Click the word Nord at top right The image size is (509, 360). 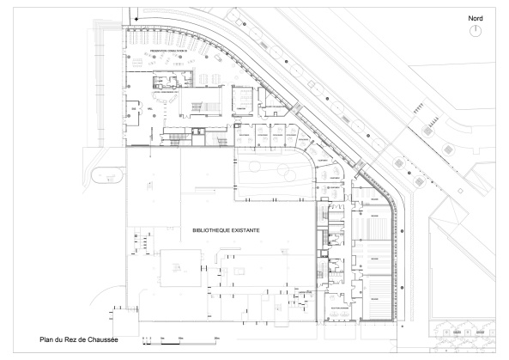coord(476,17)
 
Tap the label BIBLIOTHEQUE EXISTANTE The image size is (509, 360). coord(226,231)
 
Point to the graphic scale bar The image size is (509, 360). coord(181,342)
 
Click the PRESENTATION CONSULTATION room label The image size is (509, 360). coord(168,53)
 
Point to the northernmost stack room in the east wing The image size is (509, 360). coord(374,199)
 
